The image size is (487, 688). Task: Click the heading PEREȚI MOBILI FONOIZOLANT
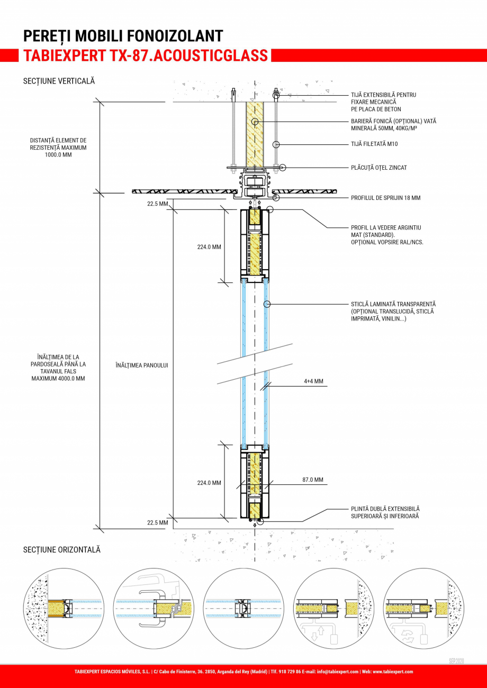pos(123,36)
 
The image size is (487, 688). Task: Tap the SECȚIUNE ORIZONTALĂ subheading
pos(61,550)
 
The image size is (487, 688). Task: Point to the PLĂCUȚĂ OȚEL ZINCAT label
pos(378,168)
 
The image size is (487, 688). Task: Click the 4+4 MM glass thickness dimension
pos(313,380)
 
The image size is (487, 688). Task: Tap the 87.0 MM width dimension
pos(312,480)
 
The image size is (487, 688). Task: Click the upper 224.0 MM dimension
pos(209,246)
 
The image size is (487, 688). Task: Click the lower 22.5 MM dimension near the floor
pos(157,522)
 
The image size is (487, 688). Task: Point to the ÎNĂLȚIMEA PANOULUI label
pos(141,365)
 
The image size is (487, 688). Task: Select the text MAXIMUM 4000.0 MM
pos(58,379)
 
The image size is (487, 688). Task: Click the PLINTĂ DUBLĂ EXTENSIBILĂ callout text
pos(385,509)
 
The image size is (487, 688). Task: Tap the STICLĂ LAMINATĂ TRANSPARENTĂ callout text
pos(393,305)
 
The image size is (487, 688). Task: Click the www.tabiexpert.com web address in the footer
pos(393,672)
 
